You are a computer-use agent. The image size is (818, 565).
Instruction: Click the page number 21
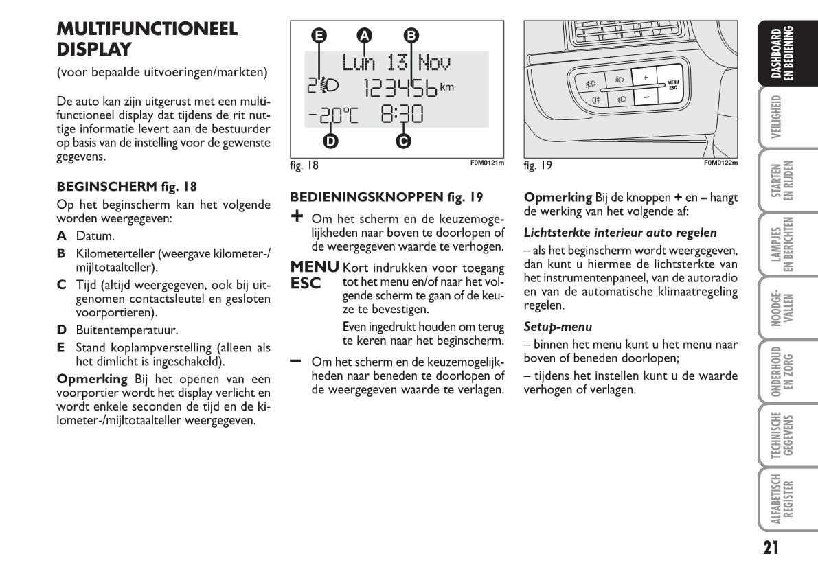click(771, 546)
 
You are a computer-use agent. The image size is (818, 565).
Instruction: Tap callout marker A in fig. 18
click(365, 35)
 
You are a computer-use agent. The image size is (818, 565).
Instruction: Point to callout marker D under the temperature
click(330, 141)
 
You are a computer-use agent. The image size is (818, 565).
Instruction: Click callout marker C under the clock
click(403, 141)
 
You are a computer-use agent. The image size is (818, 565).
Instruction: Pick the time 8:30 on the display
click(402, 115)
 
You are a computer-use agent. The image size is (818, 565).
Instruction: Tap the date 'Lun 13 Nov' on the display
click(396, 63)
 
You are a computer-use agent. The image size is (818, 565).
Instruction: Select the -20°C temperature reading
click(333, 115)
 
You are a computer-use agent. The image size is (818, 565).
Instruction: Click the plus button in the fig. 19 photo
click(645, 78)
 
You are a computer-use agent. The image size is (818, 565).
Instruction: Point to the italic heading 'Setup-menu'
click(558, 327)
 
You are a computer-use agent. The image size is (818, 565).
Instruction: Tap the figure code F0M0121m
click(487, 163)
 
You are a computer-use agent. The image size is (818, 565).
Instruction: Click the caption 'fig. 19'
click(538, 165)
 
